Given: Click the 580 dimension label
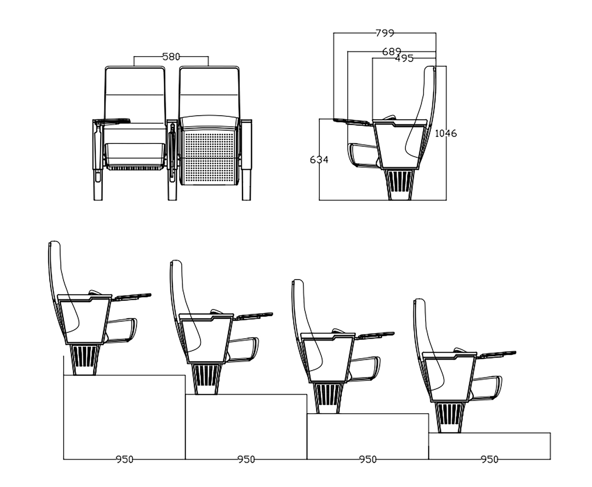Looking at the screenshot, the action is point(171,57).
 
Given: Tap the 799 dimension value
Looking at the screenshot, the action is point(385,33).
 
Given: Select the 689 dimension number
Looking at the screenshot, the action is point(392,52).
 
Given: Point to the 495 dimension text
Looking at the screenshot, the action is point(404,59).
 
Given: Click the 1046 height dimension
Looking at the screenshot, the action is point(446,133).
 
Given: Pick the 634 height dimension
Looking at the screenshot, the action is point(319,160).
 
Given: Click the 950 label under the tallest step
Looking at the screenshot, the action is point(124,459).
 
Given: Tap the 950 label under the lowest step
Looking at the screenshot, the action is point(490,459).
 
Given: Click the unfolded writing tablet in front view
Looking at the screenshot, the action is point(112,121).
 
